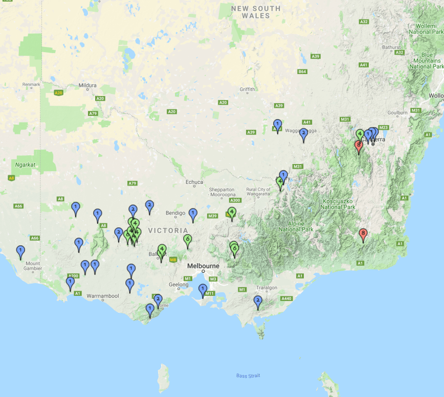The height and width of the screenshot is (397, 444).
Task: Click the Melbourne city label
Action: tap(203, 266)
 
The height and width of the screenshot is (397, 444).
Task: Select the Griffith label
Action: tap(247, 89)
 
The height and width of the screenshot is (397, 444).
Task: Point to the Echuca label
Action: tap(194, 182)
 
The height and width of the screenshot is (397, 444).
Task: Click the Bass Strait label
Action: tap(248, 376)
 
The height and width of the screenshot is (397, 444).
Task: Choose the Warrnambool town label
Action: tap(103, 296)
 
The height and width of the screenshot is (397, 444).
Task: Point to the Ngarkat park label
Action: tap(25, 165)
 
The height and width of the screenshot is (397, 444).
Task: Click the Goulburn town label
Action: tap(397, 112)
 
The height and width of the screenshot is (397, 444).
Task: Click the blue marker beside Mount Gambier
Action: tap(20, 251)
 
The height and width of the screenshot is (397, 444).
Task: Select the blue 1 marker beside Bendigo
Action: tap(193, 214)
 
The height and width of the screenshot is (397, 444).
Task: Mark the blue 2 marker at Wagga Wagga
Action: tap(303, 134)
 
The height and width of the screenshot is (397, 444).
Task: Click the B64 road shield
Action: tap(302, 72)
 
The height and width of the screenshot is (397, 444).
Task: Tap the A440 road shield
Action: tap(286, 298)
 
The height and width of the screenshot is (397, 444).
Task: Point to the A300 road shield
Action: tap(235, 201)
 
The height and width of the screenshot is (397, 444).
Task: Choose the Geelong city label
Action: tap(179, 285)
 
